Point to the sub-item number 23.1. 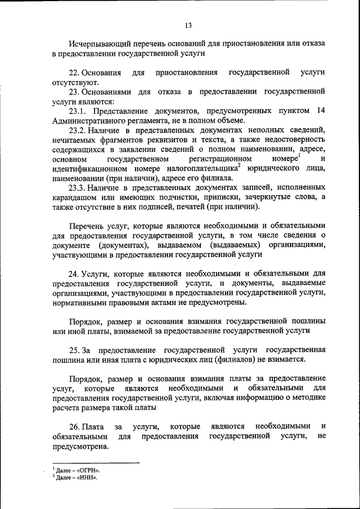(78, 111)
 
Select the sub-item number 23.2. (78, 130)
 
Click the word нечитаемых (76, 139)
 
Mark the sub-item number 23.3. (78, 187)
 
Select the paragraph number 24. (74, 274)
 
